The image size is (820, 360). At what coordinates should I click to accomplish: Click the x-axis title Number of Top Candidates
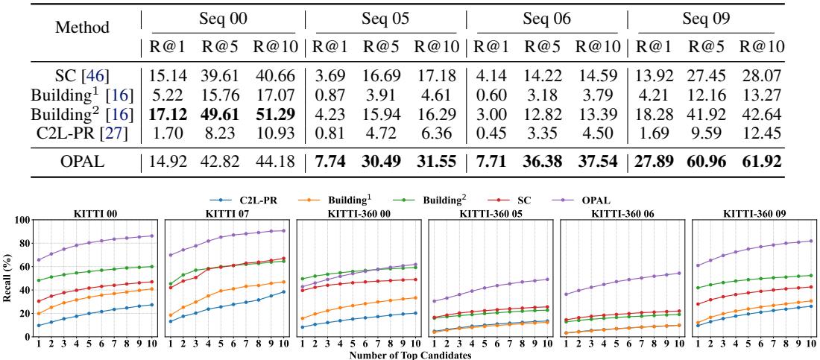pyautogui.click(x=409, y=355)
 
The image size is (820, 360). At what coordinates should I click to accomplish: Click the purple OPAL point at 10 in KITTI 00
pyautogui.click(x=152, y=236)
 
